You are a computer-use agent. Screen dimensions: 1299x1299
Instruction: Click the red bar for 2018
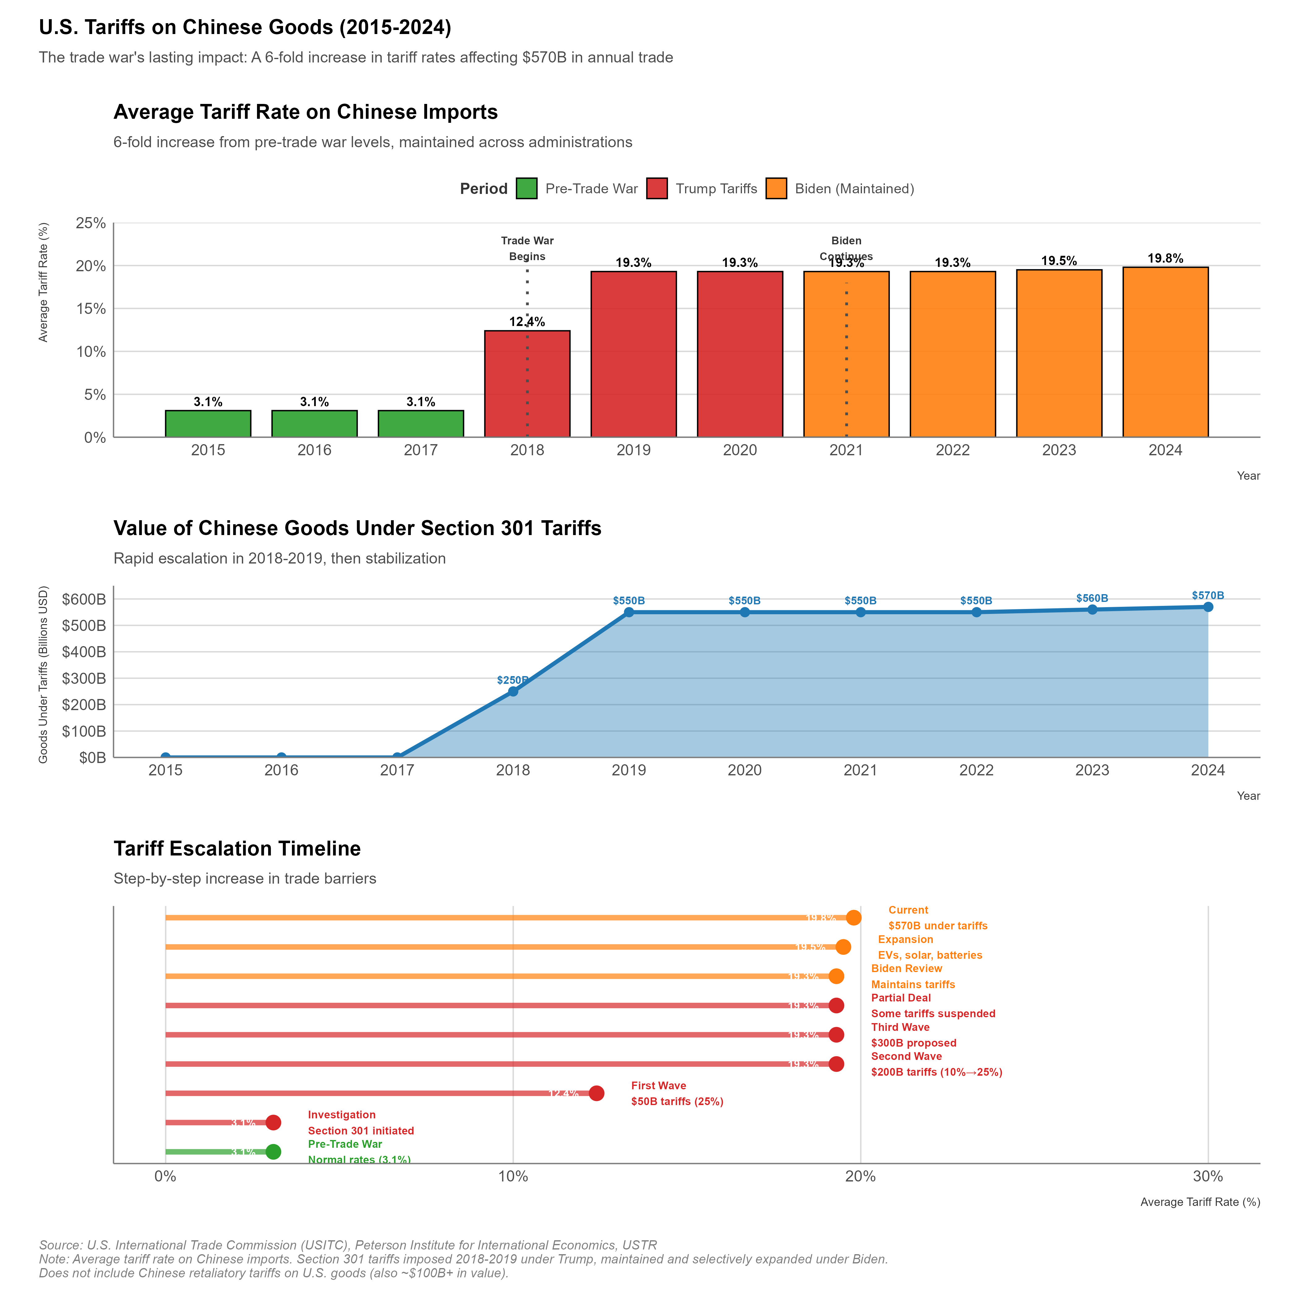pyautogui.click(x=527, y=383)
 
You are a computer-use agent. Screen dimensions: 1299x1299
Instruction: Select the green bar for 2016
pyautogui.click(x=314, y=424)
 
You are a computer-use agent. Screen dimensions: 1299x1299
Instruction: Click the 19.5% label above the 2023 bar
pyautogui.click(x=1059, y=261)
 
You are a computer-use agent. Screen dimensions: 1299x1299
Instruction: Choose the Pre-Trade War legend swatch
pyautogui.click(x=526, y=188)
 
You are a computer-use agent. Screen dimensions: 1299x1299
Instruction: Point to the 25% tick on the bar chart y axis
pyautogui.click(x=91, y=223)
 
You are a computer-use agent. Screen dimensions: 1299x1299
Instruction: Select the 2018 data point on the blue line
pyautogui.click(x=513, y=691)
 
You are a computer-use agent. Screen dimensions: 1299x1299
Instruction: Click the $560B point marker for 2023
pyautogui.click(x=1092, y=609)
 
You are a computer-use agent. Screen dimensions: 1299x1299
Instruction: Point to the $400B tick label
pyautogui.click(x=84, y=652)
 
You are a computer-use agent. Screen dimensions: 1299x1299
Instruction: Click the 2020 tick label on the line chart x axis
pyautogui.click(x=744, y=770)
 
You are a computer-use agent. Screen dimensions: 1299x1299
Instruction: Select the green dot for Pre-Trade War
pyautogui.click(x=273, y=1152)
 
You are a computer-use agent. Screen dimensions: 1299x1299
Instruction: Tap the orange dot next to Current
pyautogui.click(x=853, y=918)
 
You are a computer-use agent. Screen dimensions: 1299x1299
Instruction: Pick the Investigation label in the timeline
pyautogui.click(x=341, y=1115)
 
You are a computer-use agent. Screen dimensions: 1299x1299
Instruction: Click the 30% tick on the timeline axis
pyautogui.click(x=1207, y=1177)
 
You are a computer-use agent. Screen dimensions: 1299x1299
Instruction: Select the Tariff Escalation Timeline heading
pyautogui.click(x=237, y=848)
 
